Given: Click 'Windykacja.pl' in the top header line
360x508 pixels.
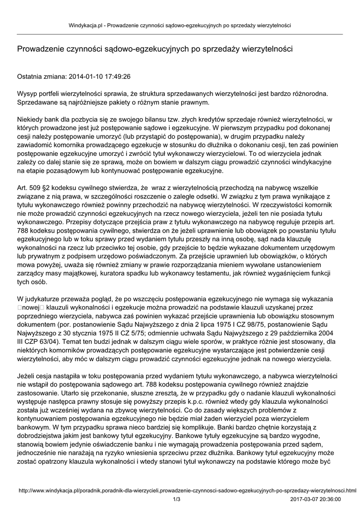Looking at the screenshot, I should point(85,25).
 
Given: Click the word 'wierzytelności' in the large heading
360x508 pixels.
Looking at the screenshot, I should point(268,49).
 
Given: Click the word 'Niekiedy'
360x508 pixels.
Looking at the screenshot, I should point(31,120).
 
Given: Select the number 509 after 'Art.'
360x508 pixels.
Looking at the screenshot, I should point(35,189).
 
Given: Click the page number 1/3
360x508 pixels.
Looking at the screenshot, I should point(176,499).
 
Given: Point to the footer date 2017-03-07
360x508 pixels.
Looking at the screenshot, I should point(307,499).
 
